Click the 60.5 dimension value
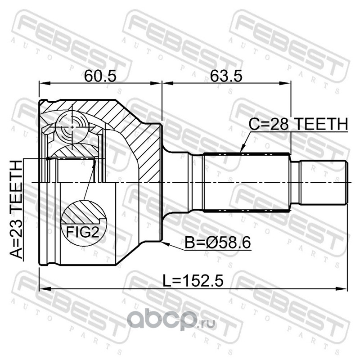pyautogui.click(x=100, y=76)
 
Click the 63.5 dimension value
pyautogui.click(x=226, y=76)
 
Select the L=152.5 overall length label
pyautogui.click(x=193, y=281)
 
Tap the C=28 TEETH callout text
pyautogui.click(x=298, y=124)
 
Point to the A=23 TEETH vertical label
pyautogui.click(x=16, y=210)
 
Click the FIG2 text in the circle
pyautogui.click(x=83, y=232)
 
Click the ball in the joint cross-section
pyautogui.click(x=72, y=127)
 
